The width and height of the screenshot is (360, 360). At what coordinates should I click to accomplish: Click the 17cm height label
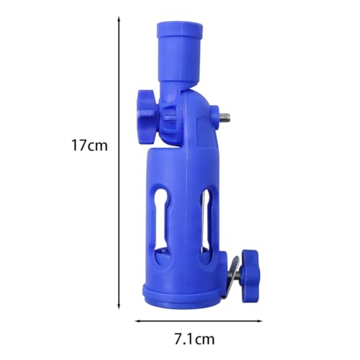click(89, 145)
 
